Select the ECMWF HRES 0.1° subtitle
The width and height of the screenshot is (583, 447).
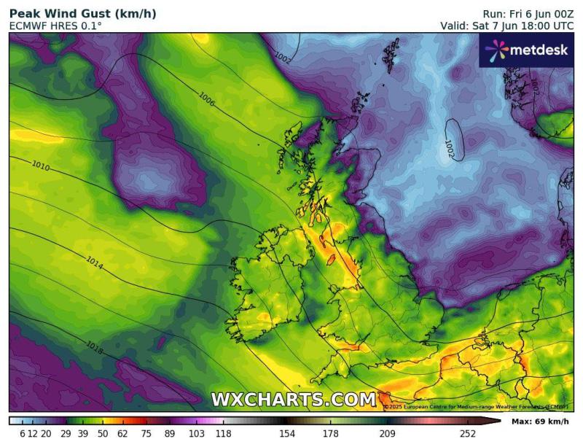pos(55,26)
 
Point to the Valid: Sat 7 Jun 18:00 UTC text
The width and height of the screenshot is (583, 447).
pos(507,26)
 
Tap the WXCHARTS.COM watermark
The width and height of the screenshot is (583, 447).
pos(294,400)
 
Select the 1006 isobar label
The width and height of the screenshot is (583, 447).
pos(207,100)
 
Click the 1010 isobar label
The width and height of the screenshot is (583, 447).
pos(41,166)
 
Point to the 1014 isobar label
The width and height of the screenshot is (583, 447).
pos(94,260)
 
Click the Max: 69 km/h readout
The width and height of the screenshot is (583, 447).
pos(540,422)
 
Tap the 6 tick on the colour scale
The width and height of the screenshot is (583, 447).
pos(23,434)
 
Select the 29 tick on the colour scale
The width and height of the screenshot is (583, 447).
pos(65,434)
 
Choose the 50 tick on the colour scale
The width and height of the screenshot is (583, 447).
pos(103,434)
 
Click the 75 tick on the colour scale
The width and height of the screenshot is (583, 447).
pos(146,434)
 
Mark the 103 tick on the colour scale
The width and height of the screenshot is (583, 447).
pos(197,434)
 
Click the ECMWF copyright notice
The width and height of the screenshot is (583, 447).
pos(477,407)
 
